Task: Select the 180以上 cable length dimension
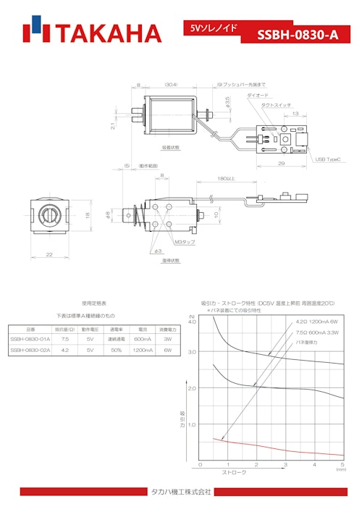click(x=226, y=178)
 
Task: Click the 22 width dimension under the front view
click(x=50, y=253)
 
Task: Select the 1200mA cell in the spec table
click(x=143, y=350)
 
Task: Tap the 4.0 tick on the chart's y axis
click(x=193, y=322)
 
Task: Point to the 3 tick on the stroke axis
click(x=285, y=464)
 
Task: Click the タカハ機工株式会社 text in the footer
click(x=180, y=492)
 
